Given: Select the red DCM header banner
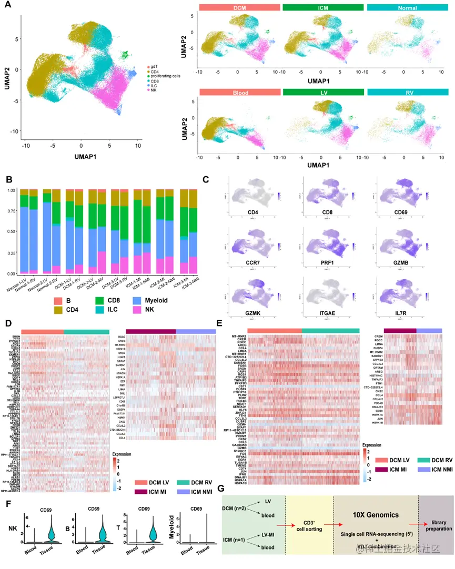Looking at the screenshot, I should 239,8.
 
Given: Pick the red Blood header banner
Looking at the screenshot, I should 239,93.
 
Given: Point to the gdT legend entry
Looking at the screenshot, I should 155,67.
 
